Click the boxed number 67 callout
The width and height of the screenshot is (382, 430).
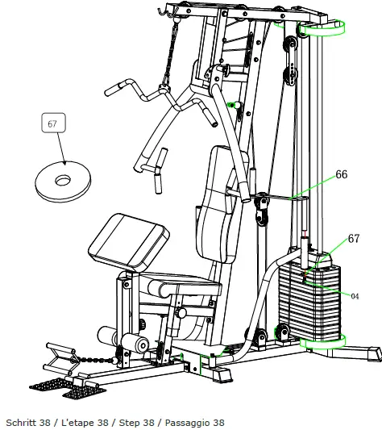pos(53,123)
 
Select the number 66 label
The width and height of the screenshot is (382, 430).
pos(341,174)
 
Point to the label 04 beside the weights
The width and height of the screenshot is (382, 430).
pos(355,295)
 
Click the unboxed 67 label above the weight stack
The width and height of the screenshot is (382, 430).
pos(353,239)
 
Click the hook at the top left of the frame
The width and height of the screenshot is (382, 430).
pos(166,11)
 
